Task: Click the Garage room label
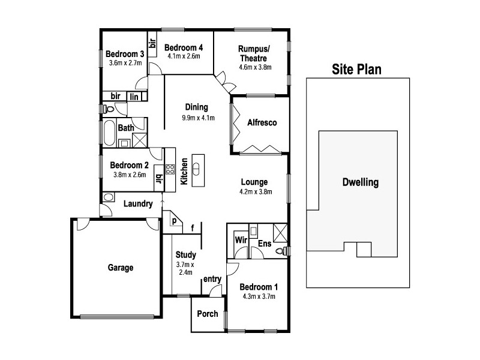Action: pyautogui.click(x=121, y=268)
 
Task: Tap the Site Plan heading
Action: pyautogui.click(x=357, y=70)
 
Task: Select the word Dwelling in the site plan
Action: pyautogui.click(x=360, y=182)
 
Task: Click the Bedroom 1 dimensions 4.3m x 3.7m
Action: pyautogui.click(x=259, y=296)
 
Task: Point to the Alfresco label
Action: pyautogui.click(x=262, y=123)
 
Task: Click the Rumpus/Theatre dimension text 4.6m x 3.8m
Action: pyautogui.click(x=255, y=67)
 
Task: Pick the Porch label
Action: pyautogui.click(x=208, y=314)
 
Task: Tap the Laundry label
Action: pyautogui.click(x=137, y=204)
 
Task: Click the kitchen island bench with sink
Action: pyautogui.click(x=198, y=170)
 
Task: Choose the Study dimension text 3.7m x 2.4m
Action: pyautogui.click(x=186, y=268)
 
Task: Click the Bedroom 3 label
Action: pyautogui.click(x=123, y=52)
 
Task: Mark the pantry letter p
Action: pyautogui.click(x=174, y=221)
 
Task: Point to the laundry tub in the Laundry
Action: pyautogui.click(x=110, y=197)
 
